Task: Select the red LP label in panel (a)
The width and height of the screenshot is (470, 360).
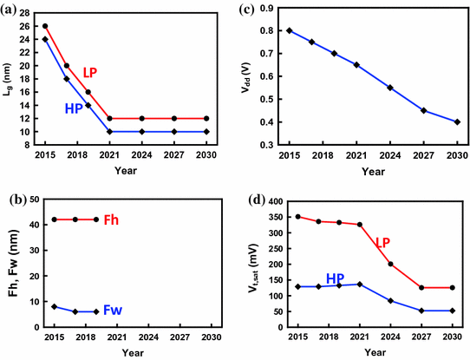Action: [x=93, y=73]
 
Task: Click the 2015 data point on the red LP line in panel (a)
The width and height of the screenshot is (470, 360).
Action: [x=45, y=26]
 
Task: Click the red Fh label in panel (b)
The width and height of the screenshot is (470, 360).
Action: [x=112, y=219]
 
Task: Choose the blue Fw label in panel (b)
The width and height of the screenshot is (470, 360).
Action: [x=113, y=310]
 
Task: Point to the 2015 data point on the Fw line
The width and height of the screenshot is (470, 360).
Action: [x=55, y=306]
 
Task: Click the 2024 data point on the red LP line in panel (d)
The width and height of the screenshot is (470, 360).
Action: [x=390, y=264]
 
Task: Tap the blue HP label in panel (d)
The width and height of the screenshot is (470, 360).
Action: [x=336, y=278]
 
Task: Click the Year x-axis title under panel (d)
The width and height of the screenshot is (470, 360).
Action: [x=375, y=353]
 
